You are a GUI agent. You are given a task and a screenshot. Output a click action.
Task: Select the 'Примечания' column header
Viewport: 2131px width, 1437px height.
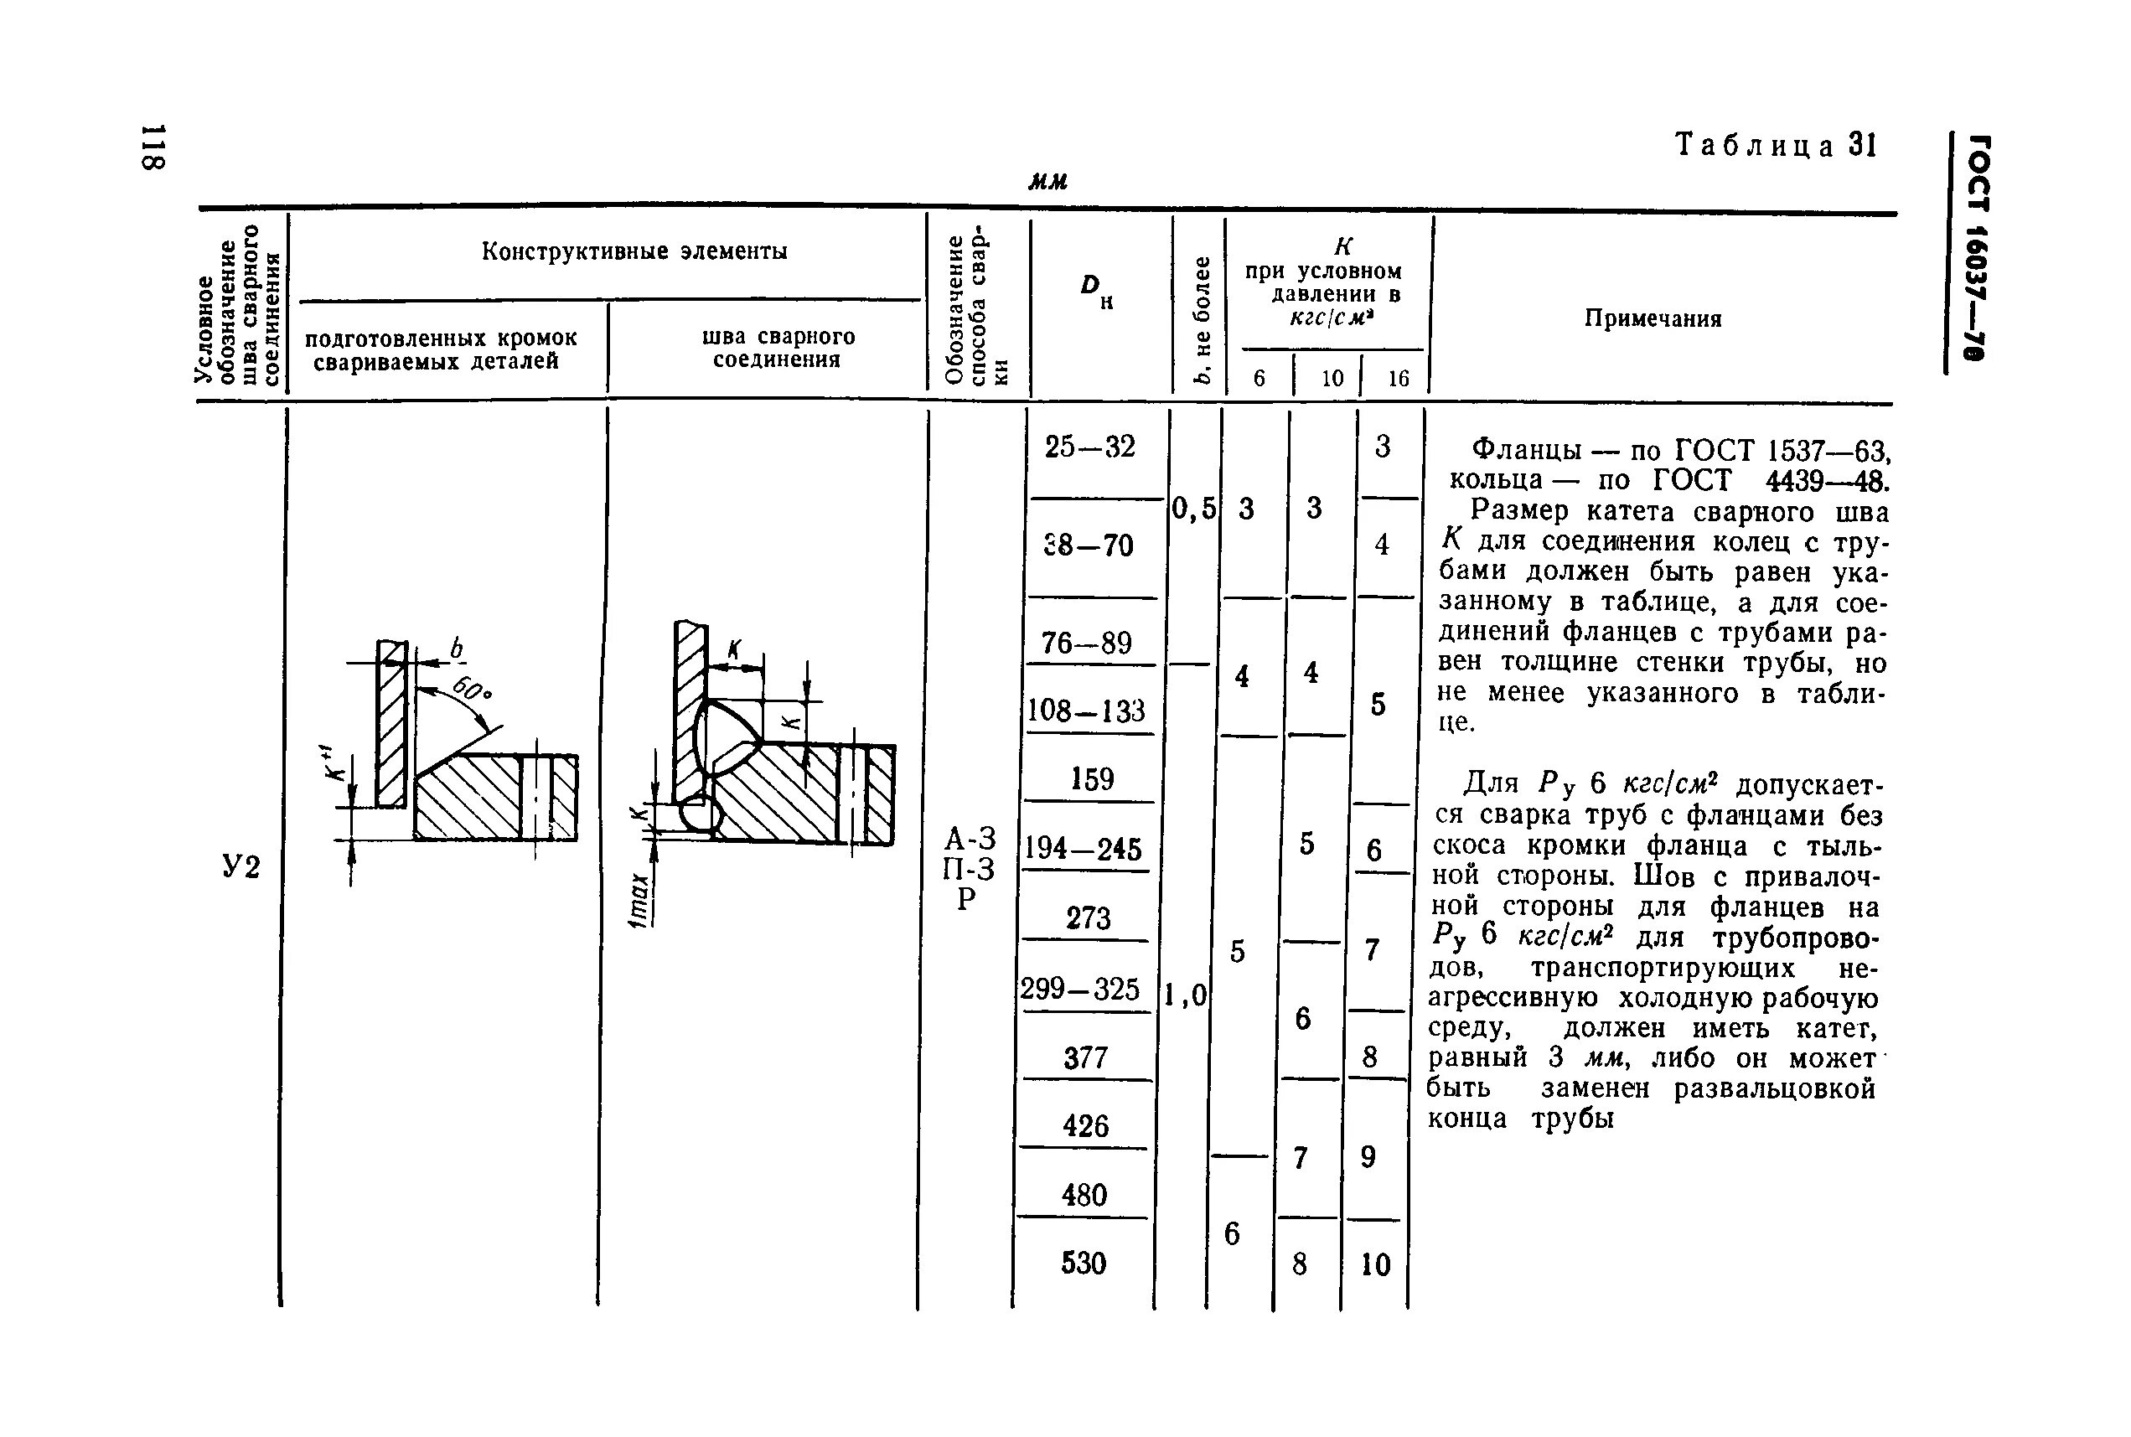coord(1653,319)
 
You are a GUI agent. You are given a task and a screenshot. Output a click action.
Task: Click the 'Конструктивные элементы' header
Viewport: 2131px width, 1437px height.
coord(634,252)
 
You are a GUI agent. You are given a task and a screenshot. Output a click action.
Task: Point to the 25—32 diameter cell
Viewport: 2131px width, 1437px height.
coord(1089,447)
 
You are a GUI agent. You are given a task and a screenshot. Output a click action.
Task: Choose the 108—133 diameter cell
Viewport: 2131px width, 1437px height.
coord(1087,711)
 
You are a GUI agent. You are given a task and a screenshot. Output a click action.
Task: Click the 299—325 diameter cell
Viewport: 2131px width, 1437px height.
coord(1082,990)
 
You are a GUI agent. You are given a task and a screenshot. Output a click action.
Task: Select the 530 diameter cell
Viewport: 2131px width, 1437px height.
coord(1084,1264)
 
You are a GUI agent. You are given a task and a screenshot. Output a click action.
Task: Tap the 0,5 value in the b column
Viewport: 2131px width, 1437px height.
coord(1193,509)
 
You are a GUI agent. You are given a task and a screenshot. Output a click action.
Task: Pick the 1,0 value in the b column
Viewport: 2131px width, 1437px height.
coord(1186,995)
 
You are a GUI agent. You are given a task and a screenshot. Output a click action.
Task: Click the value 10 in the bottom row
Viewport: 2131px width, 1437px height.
coord(1375,1265)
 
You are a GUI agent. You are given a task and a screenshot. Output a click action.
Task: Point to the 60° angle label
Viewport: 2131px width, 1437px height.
coord(473,689)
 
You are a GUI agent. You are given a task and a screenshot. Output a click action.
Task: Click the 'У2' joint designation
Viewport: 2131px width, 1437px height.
coord(241,866)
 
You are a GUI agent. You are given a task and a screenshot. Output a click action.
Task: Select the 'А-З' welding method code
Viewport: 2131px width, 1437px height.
coord(970,839)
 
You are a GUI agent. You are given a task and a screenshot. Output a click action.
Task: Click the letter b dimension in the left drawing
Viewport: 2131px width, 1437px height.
coord(456,649)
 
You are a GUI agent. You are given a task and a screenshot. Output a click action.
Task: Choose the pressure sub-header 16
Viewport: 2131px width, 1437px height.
coord(1398,379)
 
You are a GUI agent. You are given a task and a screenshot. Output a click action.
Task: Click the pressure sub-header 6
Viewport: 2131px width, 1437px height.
coord(1259,379)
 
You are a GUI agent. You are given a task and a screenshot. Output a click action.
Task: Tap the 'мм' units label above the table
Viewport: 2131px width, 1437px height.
coord(1048,182)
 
